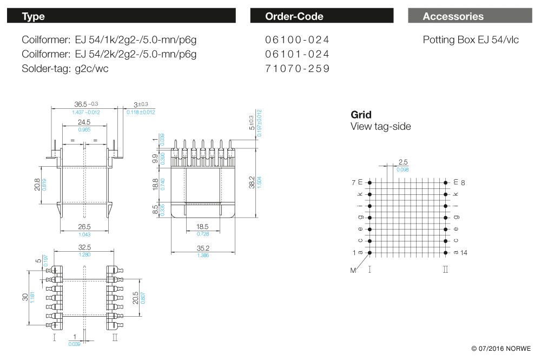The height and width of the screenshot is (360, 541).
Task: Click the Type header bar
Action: pos(121,16)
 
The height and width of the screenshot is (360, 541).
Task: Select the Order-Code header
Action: pos(321,16)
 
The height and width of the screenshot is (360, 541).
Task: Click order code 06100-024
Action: pos(297,40)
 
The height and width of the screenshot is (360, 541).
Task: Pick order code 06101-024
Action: pos(297,54)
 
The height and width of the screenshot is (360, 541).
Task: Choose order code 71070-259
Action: pos(297,69)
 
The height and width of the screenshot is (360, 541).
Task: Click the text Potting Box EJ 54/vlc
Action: pos(471,40)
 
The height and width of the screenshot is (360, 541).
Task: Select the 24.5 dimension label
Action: pos(84,122)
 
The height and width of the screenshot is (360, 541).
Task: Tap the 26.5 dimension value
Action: pos(84,227)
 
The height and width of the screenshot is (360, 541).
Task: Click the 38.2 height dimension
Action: pos(252,182)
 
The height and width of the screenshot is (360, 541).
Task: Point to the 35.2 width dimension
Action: pos(203,248)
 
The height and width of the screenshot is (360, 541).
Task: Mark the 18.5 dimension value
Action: pos(203,227)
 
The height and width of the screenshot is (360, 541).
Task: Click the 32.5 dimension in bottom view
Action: pos(84,247)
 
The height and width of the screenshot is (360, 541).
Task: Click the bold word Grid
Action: pos(361,115)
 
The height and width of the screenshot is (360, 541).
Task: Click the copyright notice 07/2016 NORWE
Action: pos(502,349)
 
